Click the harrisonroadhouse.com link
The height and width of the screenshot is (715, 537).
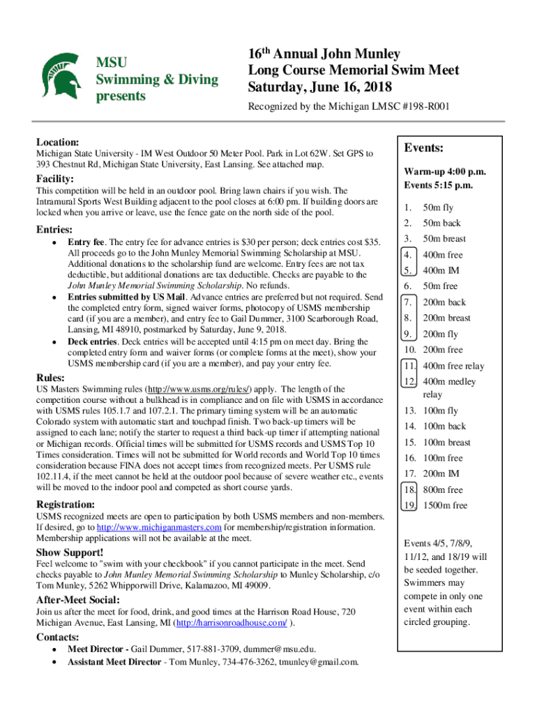232,623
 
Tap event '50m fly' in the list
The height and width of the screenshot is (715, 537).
438,207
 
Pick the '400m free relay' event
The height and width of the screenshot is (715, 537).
453,366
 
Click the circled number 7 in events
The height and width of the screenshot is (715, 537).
408,302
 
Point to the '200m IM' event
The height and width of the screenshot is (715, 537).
443,474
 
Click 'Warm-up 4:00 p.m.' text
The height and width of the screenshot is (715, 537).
444,172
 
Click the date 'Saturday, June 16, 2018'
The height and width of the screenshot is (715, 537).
320,87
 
